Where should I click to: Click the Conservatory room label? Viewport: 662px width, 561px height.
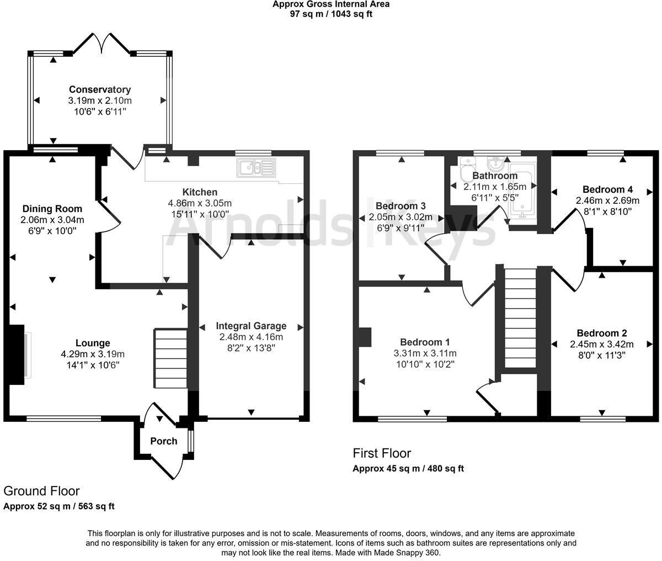pyautogui.click(x=100, y=89)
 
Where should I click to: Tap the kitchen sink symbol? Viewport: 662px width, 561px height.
pyautogui.click(x=256, y=168)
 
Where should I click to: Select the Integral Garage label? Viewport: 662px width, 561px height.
pyautogui.click(x=251, y=326)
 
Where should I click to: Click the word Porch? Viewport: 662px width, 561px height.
pyautogui.click(x=164, y=441)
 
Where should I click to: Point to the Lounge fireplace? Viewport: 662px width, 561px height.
pyautogui.click(x=15, y=354)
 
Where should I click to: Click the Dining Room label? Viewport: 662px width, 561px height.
pyautogui.click(x=52, y=209)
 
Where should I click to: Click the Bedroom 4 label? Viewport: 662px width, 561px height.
pyautogui.click(x=607, y=189)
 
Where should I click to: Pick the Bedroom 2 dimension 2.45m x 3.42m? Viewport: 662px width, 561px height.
pyautogui.click(x=601, y=345)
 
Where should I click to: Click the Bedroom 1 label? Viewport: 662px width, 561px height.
pyautogui.click(x=425, y=342)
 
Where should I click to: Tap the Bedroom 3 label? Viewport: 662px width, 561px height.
pyautogui.click(x=401, y=206)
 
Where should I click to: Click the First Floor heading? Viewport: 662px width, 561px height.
pyautogui.click(x=382, y=453)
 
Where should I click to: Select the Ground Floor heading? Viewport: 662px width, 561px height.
pyautogui.click(x=41, y=491)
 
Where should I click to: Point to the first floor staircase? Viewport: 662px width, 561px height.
pyautogui.click(x=520, y=319)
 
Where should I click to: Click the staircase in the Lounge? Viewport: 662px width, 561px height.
pyautogui.click(x=170, y=358)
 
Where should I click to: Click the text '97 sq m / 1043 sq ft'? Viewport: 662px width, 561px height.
pyautogui.click(x=331, y=14)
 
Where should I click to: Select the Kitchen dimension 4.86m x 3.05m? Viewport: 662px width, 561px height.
pyautogui.click(x=200, y=203)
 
